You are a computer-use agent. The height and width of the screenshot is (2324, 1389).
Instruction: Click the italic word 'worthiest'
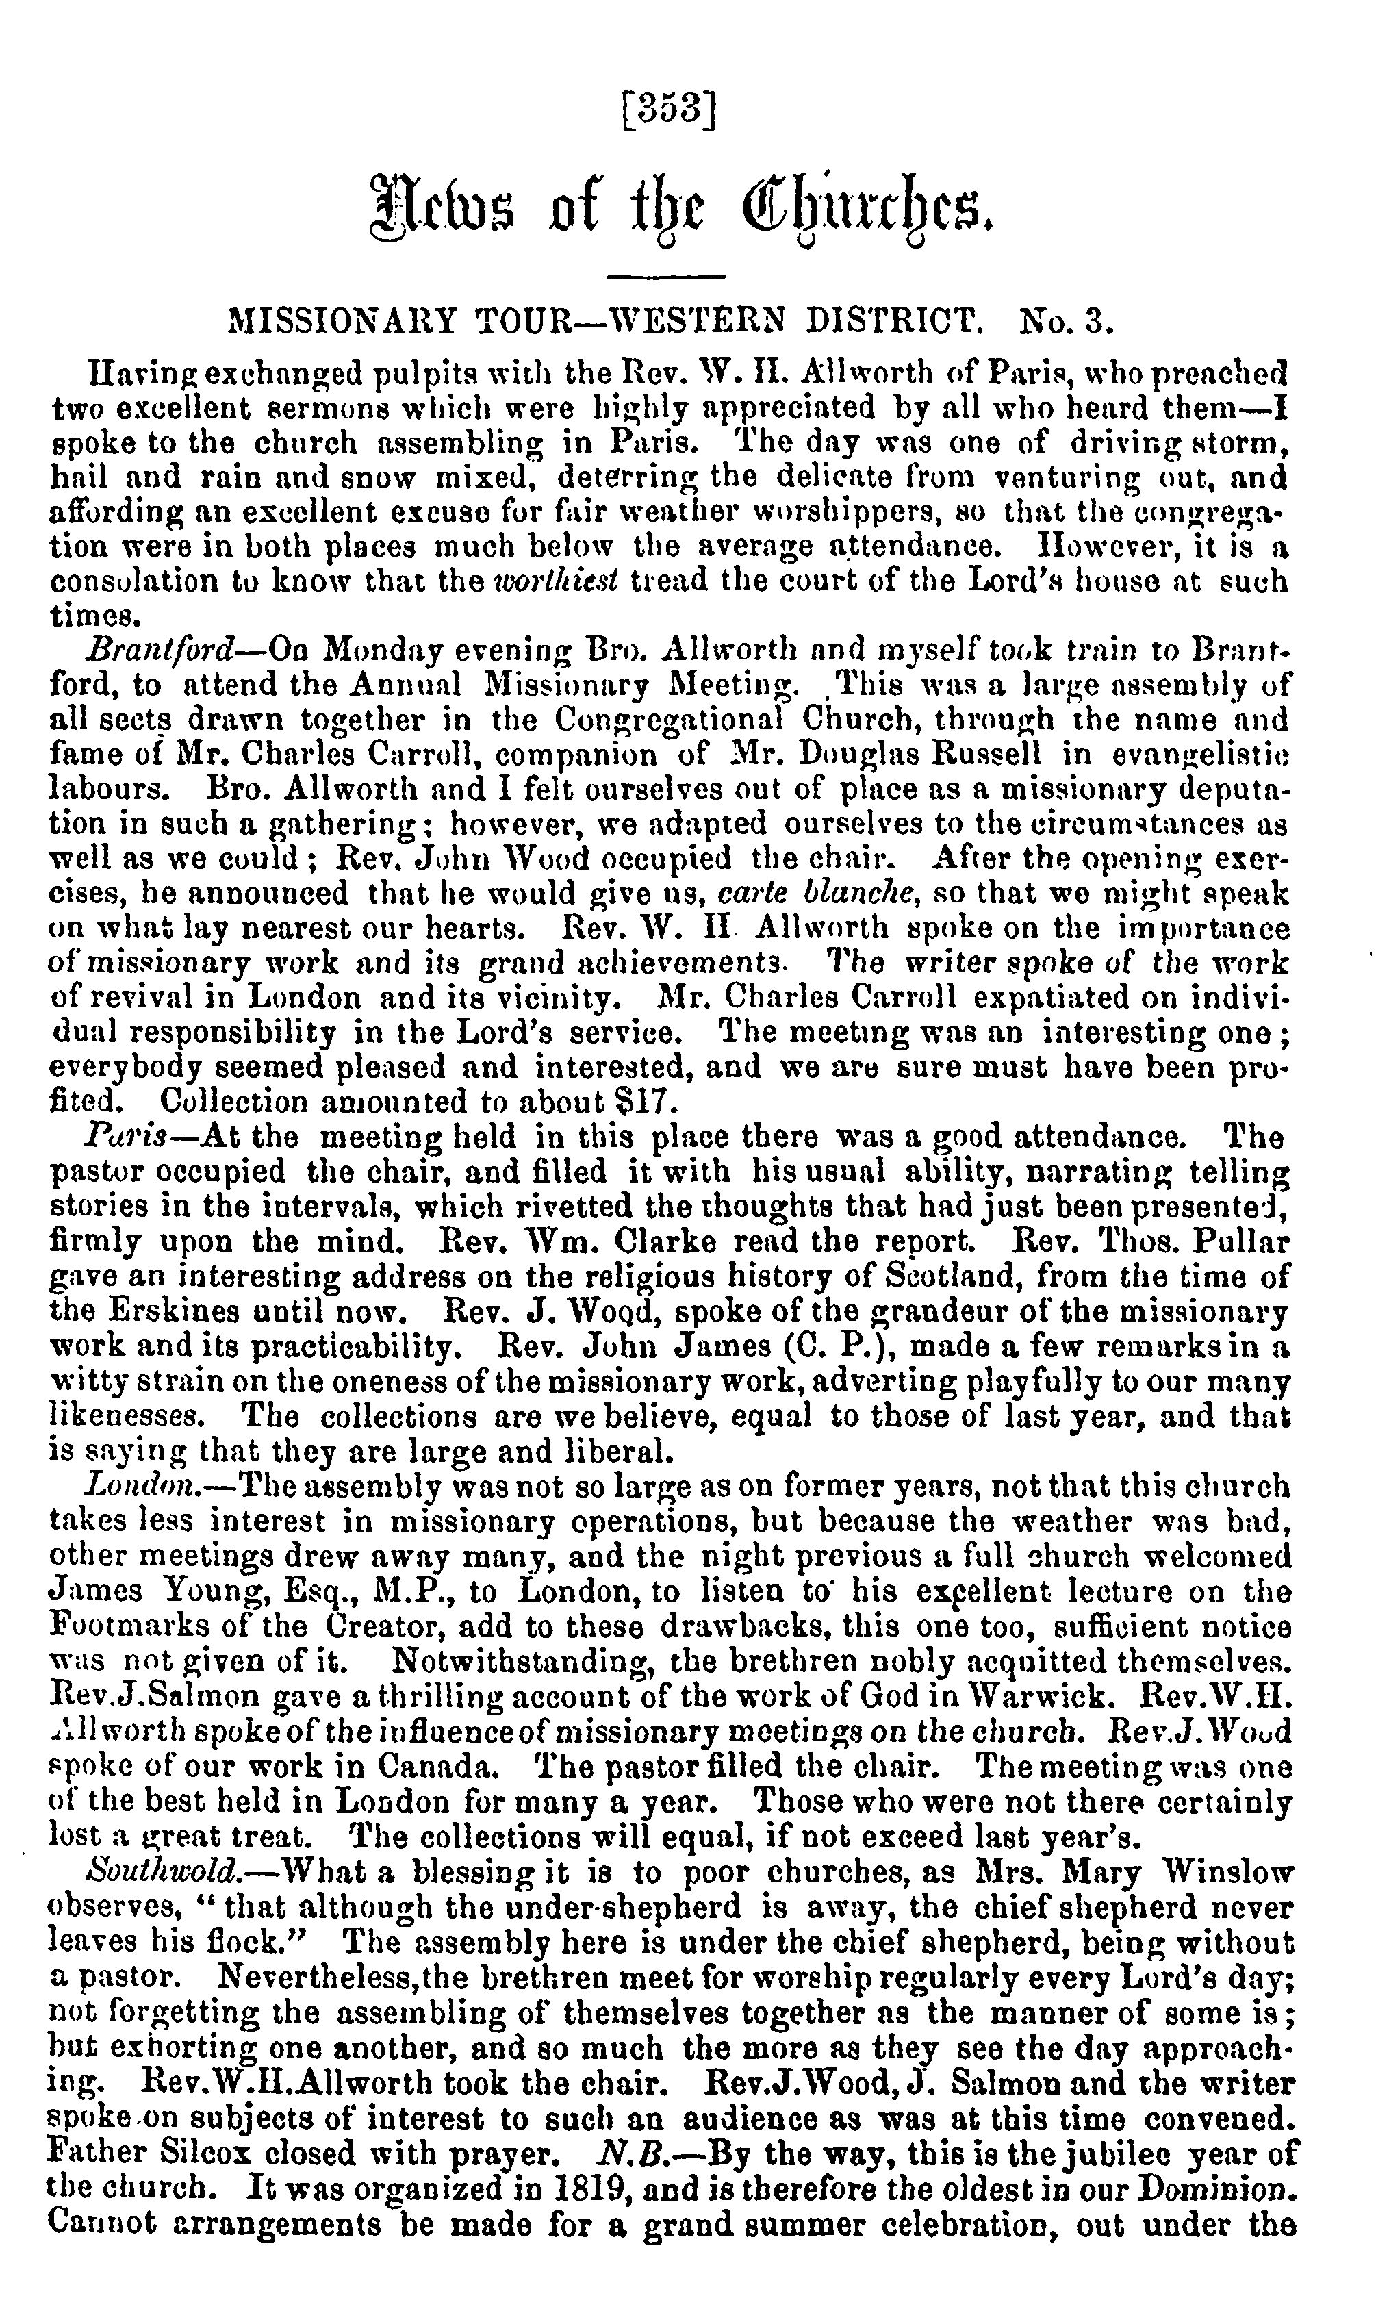554,581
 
